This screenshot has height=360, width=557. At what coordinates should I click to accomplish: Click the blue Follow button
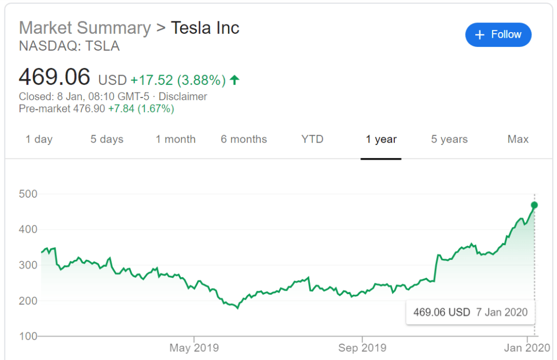tap(498, 35)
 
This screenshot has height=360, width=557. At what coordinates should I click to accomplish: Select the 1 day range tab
tap(39, 139)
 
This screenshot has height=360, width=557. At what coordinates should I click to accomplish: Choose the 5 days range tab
tap(107, 139)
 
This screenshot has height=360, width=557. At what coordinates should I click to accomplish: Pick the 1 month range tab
tap(175, 139)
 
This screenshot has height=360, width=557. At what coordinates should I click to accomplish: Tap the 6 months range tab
tap(244, 139)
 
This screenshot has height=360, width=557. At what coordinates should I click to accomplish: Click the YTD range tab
tap(313, 139)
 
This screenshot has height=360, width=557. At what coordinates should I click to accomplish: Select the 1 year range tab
tap(381, 139)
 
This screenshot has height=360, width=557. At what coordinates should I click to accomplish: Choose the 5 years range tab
tap(449, 139)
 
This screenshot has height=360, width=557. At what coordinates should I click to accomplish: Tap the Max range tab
tap(518, 139)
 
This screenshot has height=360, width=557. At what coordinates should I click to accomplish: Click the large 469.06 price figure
tap(54, 77)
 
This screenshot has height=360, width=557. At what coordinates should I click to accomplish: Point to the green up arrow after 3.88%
tap(235, 80)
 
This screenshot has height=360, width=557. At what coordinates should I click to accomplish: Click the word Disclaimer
tap(182, 97)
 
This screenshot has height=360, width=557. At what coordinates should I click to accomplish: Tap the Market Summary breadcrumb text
tap(85, 28)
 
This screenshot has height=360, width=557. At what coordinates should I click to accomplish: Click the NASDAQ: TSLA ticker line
tap(69, 46)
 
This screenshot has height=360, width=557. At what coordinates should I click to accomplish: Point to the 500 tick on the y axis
tap(28, 194)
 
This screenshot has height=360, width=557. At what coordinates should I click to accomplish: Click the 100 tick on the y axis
tap(28, 336)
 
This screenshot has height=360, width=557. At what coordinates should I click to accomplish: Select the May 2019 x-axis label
tap(194, 348)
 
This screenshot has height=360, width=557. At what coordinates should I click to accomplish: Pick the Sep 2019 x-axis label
tap(362, 348)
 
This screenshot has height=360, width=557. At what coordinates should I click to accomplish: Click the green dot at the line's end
tap(534, 205)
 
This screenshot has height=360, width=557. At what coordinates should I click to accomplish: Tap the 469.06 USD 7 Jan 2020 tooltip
tap(470, 313)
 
